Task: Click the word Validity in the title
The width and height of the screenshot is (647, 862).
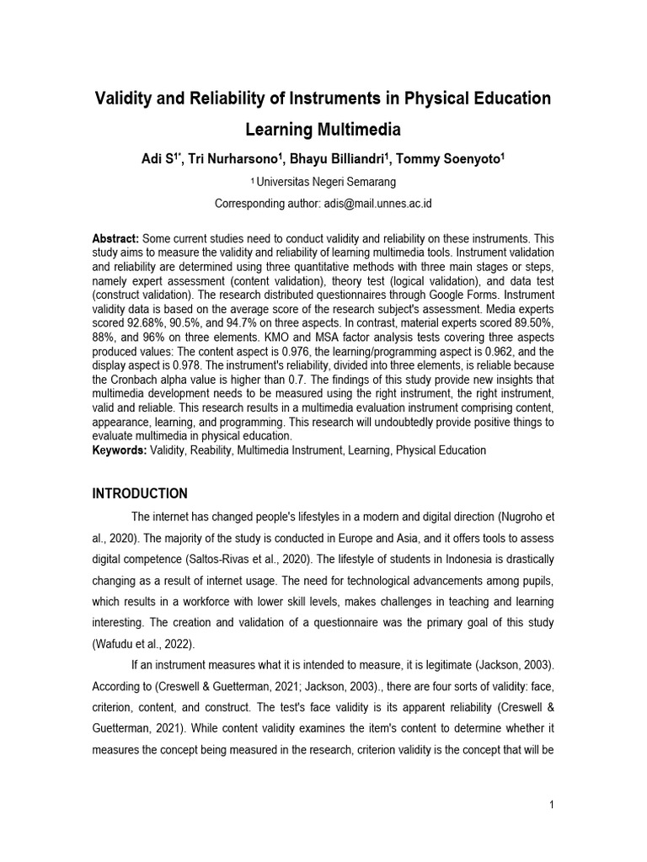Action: click(x=127, y=98)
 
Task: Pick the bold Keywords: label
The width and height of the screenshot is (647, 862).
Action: click(x=119, y=450)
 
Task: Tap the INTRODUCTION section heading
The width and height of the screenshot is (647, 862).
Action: click(x=140, y=493)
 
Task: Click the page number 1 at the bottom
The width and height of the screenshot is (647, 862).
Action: click(x=551, y=806)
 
